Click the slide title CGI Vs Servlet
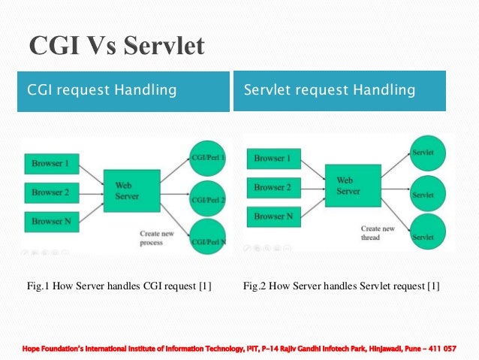pos(116,47)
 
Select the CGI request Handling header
pos(101,91)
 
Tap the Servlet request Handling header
pos(330,91)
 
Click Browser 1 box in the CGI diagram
pos(50,163)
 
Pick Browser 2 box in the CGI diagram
pos(50,192)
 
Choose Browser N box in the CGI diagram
pos(50,222)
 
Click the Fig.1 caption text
pos(119,286)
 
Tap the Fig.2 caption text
pos(342,286)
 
